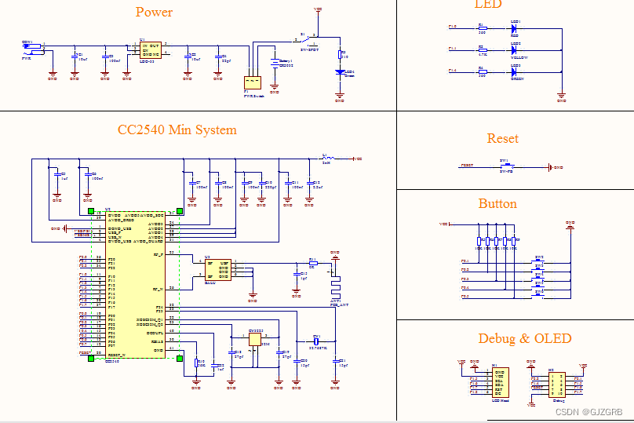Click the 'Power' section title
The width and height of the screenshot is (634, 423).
pyautogui.click(x=154, y=12)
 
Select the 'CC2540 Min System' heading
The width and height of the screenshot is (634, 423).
pyautogui.click(x=177, y=129)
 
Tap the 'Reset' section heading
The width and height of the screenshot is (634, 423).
pyautogui.click(x=502, y=138)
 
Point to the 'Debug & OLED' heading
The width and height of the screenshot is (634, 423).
pyautogui.click(x=525, y=338)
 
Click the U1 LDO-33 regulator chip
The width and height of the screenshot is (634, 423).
pyautogui.click(x=150, y=49)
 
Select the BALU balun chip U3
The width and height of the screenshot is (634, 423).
pyautogui.click(x=217, y=270)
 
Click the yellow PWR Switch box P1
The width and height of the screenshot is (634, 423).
pyautogui.click(x=252, y=82)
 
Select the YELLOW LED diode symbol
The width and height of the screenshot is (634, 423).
pyautogui.click(x=516, y=50)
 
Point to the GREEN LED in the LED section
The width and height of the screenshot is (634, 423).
pyautogui.click(x=516, y=72)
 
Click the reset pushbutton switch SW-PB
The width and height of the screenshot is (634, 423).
pyautogui.click(x=505, y=166)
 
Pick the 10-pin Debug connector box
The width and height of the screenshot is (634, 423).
pyautogui.click(x=556, y=385)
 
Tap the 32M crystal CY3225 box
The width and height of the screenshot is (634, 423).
pyautogui.click(x=255, y=342)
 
